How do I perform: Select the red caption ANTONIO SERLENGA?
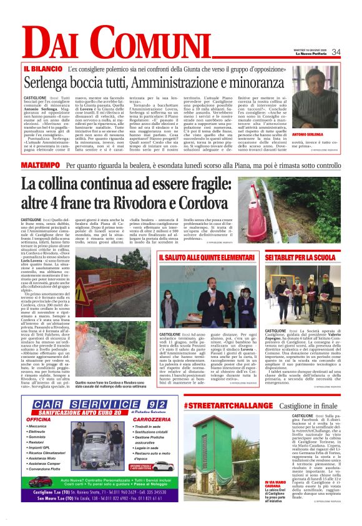coord(326,135)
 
